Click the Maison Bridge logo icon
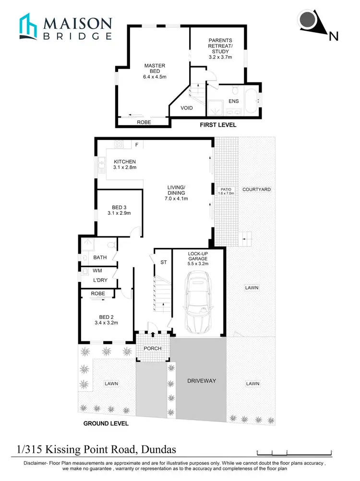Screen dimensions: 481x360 [28, 26]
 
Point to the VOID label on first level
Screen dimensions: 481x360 [187, 108]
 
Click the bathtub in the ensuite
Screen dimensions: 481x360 [252, 100]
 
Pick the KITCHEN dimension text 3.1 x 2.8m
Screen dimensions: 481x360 [125, 168]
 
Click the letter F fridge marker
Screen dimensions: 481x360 [136, 144]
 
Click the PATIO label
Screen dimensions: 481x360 [226, 189]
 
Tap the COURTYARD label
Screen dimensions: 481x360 [256, 189]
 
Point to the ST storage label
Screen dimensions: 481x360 [163, 262]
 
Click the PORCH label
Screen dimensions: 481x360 [153, 348]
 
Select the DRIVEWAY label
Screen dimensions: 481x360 [202, 380]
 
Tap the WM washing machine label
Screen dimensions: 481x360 [98, 271]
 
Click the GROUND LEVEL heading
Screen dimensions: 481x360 [106, 423]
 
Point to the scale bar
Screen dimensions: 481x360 [294, 452]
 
